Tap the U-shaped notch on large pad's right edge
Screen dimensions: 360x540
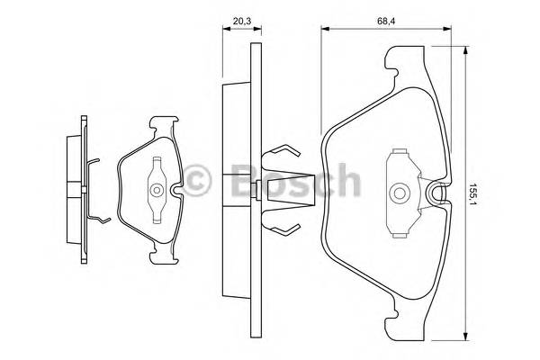pos(438,192)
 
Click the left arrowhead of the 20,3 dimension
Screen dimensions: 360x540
pos(226,29)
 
